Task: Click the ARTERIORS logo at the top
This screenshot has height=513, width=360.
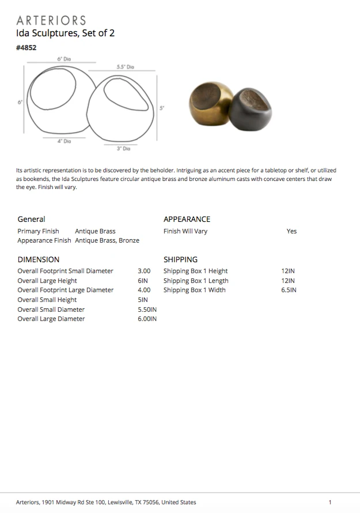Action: point(51,21)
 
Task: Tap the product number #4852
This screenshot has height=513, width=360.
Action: point(26,48)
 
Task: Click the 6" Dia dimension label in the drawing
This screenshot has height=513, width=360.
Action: point(64,59)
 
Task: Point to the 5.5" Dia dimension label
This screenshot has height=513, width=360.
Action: point(125,67)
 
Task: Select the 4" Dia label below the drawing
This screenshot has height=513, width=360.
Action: point(64,141)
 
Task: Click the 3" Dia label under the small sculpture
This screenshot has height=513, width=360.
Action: point(124,149)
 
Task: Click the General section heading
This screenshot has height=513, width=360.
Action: point(31,219)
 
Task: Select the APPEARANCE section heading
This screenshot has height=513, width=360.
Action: point(187,219)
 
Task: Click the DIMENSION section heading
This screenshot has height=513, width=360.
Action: point(38,259)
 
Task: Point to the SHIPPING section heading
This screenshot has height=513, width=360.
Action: point(180,259)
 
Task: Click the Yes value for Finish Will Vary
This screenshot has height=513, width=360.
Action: point(291,231)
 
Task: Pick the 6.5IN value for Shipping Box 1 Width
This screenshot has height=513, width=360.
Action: point(289,290)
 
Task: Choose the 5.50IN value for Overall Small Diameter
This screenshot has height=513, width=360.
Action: point(147,310)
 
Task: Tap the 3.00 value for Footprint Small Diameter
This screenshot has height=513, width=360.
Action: point(144,271)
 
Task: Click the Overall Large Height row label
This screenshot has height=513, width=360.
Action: point(47,281)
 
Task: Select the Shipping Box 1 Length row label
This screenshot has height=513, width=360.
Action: point(196,281)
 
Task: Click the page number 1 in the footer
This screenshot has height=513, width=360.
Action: point(330,502)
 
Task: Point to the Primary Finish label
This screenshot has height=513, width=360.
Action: point(38,231)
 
